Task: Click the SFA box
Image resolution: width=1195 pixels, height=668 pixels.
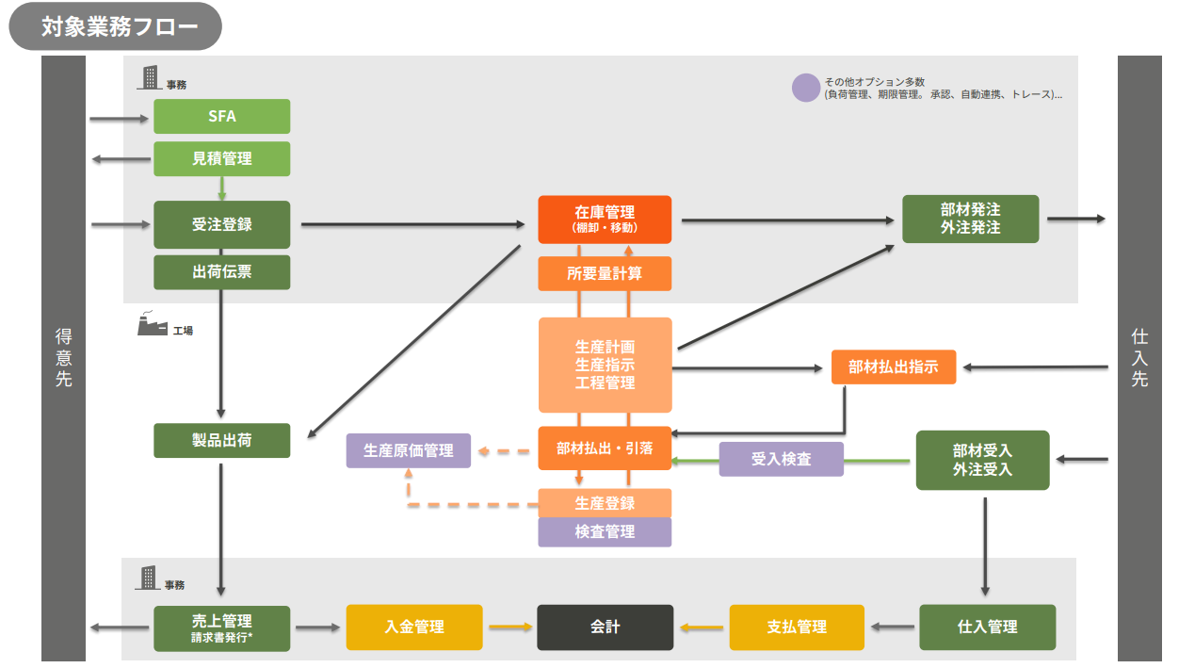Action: [221, 117]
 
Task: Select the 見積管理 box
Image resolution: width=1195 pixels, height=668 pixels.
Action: [221, 158]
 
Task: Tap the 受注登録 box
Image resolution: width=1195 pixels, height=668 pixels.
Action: [221, 224]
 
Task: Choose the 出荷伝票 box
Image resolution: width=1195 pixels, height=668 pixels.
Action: [221, 272]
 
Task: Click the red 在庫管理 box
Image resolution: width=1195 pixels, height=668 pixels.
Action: [605, 220]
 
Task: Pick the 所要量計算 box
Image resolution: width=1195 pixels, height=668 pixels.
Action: [605, 273]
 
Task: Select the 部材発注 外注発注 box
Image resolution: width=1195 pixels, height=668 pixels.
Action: [970, 220]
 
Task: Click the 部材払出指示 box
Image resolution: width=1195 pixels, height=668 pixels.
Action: [893, 367]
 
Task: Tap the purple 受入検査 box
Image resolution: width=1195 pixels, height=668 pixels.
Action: [781, 459]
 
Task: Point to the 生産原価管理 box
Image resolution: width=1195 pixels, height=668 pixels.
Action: [408, 450]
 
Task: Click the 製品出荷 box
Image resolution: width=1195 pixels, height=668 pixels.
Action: [221, 440]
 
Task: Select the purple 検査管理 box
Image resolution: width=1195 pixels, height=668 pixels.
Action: [605, 531]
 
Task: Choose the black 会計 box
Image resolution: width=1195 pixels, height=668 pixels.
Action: [605, 627]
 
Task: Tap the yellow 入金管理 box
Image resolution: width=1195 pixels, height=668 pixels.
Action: [413, 627]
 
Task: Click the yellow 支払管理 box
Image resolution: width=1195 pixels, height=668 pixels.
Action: [797, 627]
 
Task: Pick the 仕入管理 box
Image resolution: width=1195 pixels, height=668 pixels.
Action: [987, 627]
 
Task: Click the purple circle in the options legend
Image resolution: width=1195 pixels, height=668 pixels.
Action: [806, 88]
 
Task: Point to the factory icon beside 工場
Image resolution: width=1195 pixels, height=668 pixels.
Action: [150, 324]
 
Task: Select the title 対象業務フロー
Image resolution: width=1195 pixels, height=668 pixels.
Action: [115, 26]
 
